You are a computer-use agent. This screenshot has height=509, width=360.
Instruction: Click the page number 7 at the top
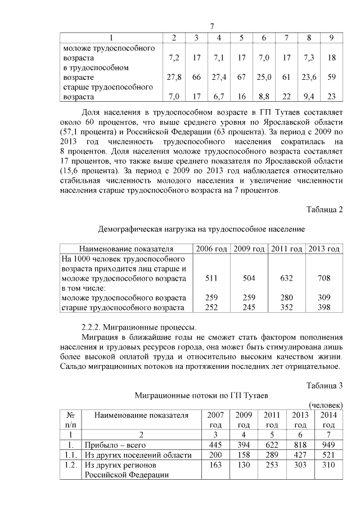tap(211, 27)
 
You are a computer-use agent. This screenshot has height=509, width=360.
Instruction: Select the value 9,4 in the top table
tap(309, 97)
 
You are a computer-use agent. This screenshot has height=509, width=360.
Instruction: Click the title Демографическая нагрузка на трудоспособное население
tap(201, 229)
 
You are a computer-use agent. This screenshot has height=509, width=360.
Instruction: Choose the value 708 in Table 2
tap(323, 278)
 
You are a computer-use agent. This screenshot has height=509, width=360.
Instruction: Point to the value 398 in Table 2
tap(323, 307)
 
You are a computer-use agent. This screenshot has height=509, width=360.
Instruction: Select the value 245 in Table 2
tap(249, 307)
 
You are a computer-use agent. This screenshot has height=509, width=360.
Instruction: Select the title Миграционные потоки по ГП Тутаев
tap(201, 395)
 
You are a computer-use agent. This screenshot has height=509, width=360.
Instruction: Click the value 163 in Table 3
tap(215, 465)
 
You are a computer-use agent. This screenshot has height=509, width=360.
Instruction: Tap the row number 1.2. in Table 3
tap(70, 465)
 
